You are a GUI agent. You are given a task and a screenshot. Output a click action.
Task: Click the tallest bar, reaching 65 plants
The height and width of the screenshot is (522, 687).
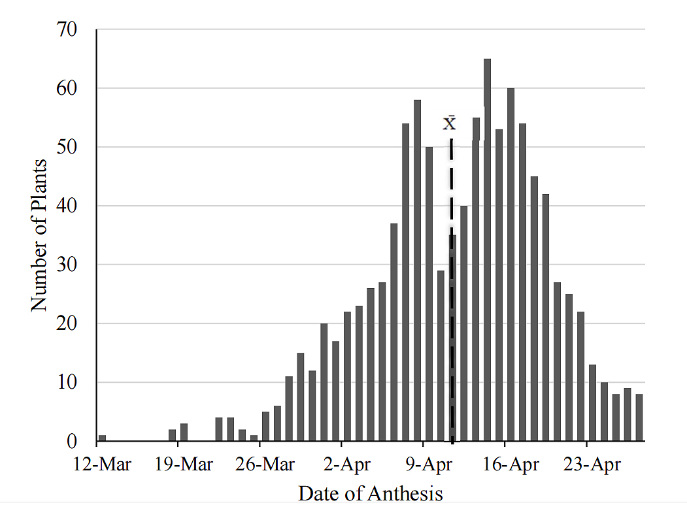click(x=487, y=248)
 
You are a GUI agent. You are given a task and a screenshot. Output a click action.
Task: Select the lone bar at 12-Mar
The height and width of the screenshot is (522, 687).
click(x=102, y=438)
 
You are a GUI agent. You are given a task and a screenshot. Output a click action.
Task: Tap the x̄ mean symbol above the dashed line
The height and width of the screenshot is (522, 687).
click(x=450, y=122)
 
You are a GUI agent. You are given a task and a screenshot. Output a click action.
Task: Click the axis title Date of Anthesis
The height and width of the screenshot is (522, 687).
click(x=371, y=493)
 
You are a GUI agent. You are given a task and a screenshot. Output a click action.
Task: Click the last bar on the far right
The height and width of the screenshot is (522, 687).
click(x=639, y=417)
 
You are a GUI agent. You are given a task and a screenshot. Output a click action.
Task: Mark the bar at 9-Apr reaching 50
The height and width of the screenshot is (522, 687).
click(x=429, y=294)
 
